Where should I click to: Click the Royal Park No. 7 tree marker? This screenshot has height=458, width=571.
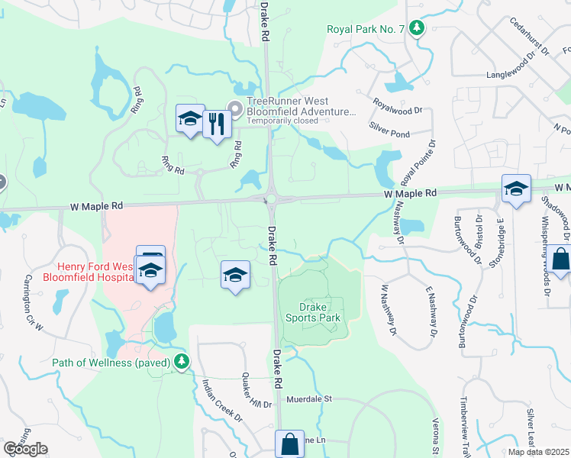click(417, 29)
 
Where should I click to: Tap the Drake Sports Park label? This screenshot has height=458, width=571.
click(311, 311)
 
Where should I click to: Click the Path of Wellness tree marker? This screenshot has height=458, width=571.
click(182, 361)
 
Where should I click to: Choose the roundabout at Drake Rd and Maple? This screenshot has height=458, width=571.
click(270, 200)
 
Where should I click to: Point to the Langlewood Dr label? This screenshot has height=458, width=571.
click(518, 76)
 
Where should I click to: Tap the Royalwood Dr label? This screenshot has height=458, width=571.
click(397, 106)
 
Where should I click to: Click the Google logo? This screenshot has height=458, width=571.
click(26, 448)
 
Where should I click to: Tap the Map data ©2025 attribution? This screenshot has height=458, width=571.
click(537, 452)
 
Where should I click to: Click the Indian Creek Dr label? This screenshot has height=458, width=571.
click(222, 403)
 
